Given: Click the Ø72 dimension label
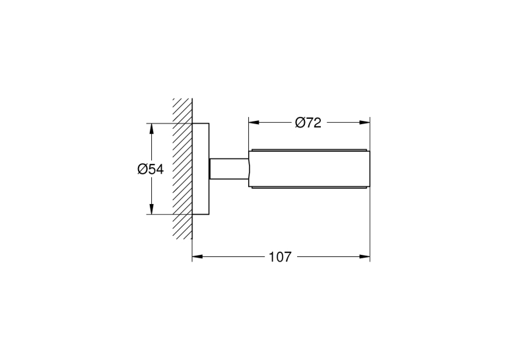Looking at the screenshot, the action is [308, 123].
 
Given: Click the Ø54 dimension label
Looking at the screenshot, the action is [151, 169].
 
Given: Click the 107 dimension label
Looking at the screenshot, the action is [280, 257].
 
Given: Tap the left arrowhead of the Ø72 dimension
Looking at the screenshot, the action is [253, 122].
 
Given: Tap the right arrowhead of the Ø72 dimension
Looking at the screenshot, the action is [364, 122].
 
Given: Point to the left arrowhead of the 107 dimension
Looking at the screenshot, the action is [197, 256].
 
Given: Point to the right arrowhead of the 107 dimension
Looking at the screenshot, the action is [364, 256].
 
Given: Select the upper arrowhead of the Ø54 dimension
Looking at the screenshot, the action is [151, 129].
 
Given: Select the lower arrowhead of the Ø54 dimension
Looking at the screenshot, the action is [151, 209].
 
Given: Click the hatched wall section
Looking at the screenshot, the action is [183, 169].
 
